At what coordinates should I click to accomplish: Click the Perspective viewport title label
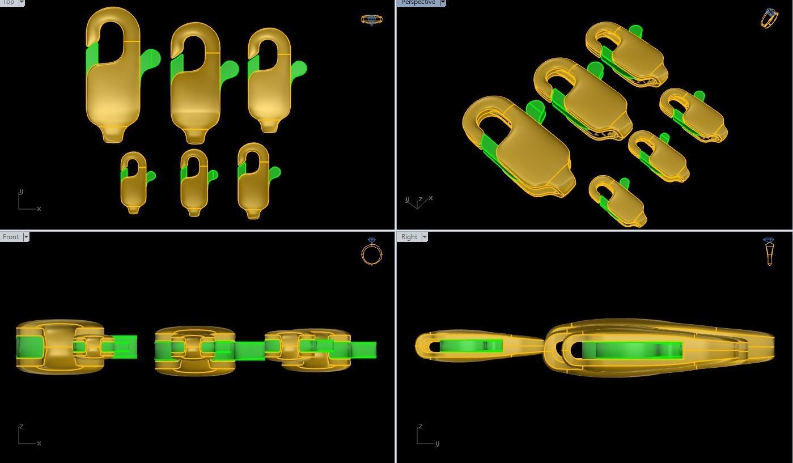point(418,2)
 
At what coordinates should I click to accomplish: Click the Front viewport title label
point(11,237)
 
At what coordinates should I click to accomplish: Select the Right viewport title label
point(409,237)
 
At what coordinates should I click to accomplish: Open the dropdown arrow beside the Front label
point(26,237)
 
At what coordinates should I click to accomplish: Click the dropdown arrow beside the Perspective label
point(443,2)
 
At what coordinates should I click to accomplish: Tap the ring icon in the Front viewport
point(372,252)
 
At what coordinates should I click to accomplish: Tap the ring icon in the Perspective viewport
point(769,18)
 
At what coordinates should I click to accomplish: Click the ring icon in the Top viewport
point(371,20)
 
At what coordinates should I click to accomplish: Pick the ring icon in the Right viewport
point(769,252)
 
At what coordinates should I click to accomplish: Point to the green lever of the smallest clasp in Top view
point(151,176)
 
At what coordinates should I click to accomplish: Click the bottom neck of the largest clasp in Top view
point(112,134)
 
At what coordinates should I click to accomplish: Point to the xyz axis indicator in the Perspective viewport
point(418,201)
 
